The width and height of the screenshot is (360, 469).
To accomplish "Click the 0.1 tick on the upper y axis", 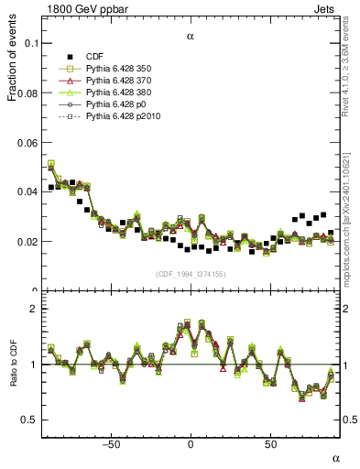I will tap(28, 43).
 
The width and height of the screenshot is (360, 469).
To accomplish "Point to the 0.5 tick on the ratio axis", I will tap(28, 420).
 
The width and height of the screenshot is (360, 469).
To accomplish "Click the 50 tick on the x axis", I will tap(271, 444).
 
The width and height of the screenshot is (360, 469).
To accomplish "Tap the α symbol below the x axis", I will tap(335, 457).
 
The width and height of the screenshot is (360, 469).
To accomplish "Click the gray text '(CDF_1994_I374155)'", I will tap(191, 274).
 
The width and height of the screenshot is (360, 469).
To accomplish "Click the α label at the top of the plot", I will tap(191, 38).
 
